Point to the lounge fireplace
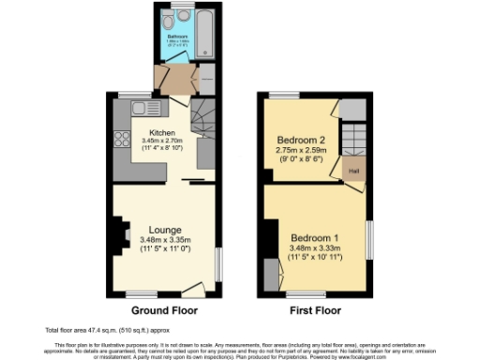(119, 234)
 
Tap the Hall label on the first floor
(353, 172)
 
